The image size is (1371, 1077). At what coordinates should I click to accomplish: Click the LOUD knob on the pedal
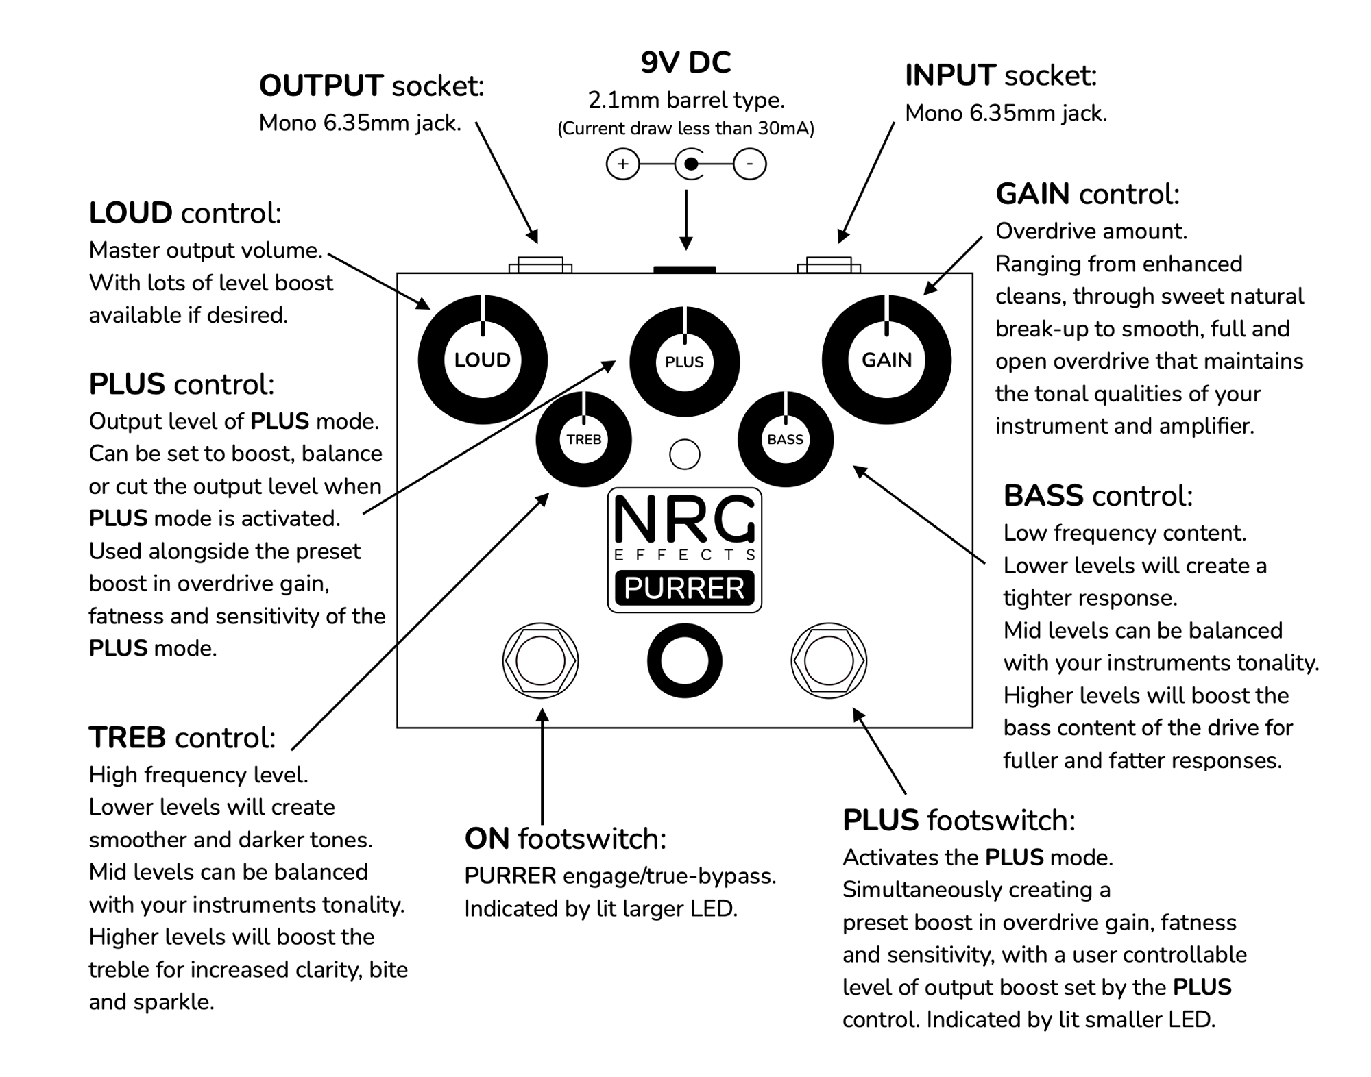coord(483,360)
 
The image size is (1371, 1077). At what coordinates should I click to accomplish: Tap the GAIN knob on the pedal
coord(886,360)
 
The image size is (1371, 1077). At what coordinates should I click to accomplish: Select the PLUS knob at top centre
coord(684,362)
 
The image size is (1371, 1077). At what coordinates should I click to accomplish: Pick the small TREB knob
coord(583,439)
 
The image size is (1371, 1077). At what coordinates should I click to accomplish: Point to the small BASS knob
coord(786,439)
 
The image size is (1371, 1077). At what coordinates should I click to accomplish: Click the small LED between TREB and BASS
coord(684,454)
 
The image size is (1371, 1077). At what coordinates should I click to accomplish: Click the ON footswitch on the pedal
coord(540,661)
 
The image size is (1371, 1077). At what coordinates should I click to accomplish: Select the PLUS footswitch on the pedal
coord(829,661)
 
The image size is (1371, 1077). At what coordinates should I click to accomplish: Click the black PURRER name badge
coord(684,588)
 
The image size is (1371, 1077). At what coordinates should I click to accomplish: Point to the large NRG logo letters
coord(684,519)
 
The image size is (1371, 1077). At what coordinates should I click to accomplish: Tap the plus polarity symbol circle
coord(622,164)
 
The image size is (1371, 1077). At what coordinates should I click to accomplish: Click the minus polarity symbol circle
coord(749,164)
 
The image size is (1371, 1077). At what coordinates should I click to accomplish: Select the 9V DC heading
coord(685,62)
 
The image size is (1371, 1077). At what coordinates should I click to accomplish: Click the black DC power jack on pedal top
coord(684,270)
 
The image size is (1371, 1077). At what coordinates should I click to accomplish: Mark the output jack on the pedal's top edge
coord(540,265)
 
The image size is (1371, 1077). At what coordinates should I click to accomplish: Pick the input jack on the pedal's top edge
coord(829,265)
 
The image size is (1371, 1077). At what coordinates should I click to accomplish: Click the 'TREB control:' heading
coord(182,738)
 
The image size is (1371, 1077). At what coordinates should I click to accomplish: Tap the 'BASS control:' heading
coord(1098,496)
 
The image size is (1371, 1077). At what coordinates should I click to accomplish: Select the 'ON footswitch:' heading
coord(566,839)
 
